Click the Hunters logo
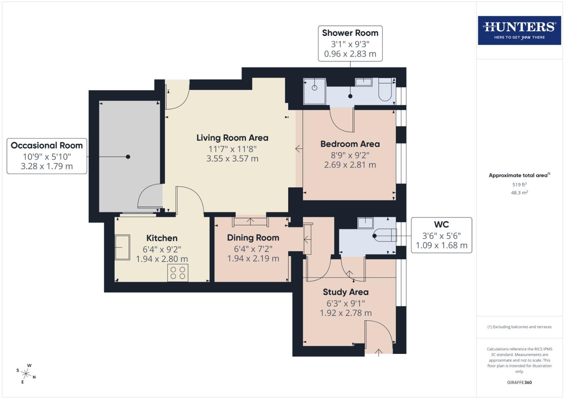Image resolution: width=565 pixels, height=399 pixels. click(519, 30)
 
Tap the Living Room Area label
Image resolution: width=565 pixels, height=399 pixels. click(232, 138)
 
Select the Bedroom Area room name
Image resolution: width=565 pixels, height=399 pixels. click(350, 144)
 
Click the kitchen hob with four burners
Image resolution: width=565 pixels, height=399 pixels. click(178, 273)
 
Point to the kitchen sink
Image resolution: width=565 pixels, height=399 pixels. click(122, 247)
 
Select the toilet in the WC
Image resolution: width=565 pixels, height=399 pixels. click(385, 235)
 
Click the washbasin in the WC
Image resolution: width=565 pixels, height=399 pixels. click(366, 223)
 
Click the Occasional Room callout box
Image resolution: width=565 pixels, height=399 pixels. click(47, 156)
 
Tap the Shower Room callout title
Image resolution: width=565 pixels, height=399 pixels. click(350, 33)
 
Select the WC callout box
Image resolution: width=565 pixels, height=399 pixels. click(441, 235)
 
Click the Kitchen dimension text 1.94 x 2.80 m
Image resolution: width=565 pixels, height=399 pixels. click(162, 259)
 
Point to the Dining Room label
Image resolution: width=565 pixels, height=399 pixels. click(253, 238)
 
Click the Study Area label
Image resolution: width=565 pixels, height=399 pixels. click(346, 292)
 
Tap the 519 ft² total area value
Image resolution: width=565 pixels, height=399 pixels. click(519, 184)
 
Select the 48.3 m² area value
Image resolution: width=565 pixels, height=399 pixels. click(519, 192)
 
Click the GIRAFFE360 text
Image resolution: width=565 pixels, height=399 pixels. click(519, 382)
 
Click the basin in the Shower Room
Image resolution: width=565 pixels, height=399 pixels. click(364, 82)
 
